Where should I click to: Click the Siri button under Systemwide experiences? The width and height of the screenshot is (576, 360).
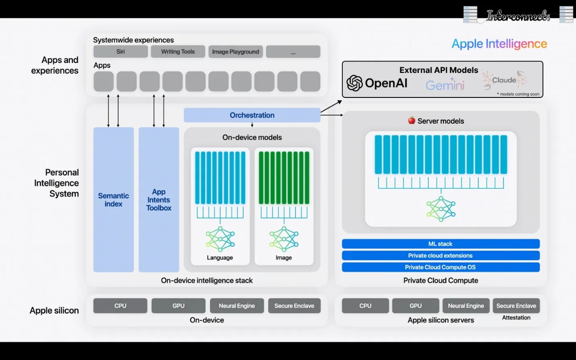click(120, 52)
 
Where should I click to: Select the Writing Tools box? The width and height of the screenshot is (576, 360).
click(178, 52)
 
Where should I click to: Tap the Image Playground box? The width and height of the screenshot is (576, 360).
click(235, 52)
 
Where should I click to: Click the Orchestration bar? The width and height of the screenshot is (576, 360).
click(252, 115)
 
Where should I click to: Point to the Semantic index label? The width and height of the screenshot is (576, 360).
click(113, 200)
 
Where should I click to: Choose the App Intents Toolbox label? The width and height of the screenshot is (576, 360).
click(158, 200)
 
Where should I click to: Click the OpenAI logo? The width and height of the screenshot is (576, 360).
click(377, 83)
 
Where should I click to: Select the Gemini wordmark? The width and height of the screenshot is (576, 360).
click(445, 85)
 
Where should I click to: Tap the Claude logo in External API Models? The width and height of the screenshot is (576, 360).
click(504, 80)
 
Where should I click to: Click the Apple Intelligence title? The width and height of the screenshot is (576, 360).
click(499, 44)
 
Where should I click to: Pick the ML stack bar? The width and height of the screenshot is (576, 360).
click(441, 244)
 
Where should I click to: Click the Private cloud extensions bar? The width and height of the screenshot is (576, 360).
click(441, 256)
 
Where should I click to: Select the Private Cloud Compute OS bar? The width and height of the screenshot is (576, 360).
click(441, 267)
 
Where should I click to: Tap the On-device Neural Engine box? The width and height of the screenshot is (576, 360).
click(237, 306)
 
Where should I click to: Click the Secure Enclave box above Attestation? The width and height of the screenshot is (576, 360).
click(516, 306)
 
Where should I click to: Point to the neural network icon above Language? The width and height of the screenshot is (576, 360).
click(220, 239)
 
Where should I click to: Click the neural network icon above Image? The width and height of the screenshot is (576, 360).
click(284, 239)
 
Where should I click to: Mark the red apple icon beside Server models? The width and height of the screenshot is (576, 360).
click(411, 120)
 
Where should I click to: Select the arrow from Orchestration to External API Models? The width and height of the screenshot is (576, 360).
click(331, 106)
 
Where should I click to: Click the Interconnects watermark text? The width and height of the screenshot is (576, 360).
click(518, 16)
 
